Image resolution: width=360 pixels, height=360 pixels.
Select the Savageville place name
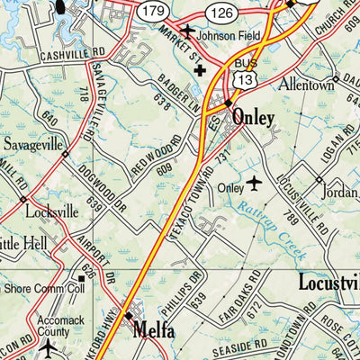pyautogui.click(x=34, y=144)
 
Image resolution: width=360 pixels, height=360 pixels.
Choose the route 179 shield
pyautogui.click(x=152, y=10)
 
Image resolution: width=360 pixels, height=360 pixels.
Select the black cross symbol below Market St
pyautogui.click(x=199, y=69)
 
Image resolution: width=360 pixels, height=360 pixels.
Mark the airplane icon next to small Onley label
pyautogui.click(x=255, y=184)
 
